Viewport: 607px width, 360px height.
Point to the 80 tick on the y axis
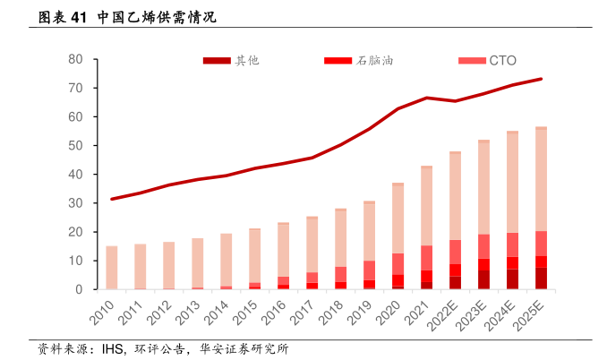(x=76, y=60)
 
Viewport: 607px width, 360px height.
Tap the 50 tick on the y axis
(x=76, y=146)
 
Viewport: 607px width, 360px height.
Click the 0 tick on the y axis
(x=80, y=289)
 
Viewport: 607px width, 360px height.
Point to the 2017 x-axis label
(x=305, y=310)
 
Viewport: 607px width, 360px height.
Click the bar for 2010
(x=112, y=268)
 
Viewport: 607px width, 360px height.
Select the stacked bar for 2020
(x=398, y=236)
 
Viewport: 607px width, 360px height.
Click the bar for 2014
(x=227, y=261)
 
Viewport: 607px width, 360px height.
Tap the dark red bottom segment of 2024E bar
(x=512, y=279)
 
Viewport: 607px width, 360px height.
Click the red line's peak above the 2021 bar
(x=427, y=98)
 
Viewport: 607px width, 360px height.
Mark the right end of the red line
(x=541, y=79)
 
